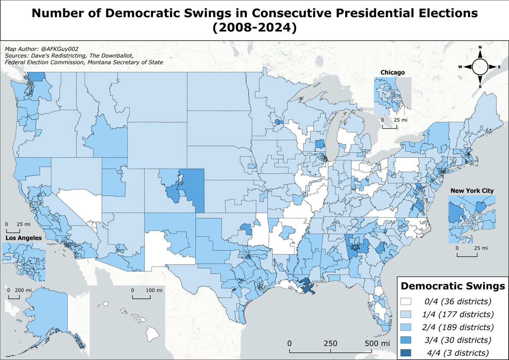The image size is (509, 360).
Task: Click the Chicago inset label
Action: tap(392, 73)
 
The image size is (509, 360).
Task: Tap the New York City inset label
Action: tap(472, 190)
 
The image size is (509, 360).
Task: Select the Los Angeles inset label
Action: tap(24, 238)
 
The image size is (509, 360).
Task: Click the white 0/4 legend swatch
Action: tap(406, 301)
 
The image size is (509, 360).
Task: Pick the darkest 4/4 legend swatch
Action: tap(406, 353)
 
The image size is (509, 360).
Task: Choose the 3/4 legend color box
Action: tap(406, 340)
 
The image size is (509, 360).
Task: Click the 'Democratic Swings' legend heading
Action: tap(453, 286)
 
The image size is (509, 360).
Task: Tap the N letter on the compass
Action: tap(480, 47)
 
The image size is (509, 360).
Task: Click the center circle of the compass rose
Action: tap(480, 67)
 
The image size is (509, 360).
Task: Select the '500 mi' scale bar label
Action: tap(377, 343)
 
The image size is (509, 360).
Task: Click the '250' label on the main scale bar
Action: tap(330, 343)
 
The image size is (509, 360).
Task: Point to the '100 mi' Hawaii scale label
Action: tap(154, 290)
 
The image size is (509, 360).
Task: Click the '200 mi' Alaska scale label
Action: tap(23, 290)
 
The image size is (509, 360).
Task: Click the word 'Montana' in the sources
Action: tap(98, 62)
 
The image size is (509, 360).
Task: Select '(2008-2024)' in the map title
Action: tap(255, 28)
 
